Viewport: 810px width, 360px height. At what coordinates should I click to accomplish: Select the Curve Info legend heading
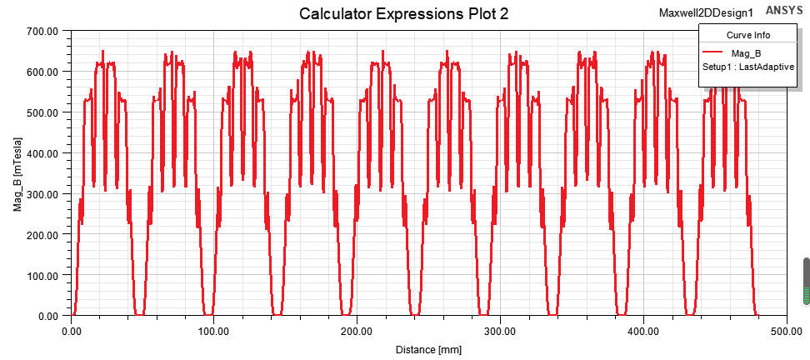748,35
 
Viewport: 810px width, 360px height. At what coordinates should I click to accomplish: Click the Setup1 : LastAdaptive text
747,67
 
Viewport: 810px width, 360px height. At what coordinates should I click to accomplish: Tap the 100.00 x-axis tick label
214,331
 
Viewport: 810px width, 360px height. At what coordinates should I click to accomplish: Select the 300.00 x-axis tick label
500,331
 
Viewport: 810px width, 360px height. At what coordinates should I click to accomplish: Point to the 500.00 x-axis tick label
786,331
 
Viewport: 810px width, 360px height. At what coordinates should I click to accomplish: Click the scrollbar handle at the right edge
806,281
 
